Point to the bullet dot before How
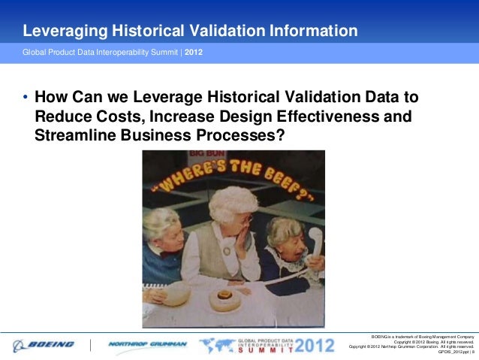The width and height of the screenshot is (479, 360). pos(26,99)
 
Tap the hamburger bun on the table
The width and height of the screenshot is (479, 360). pos(224,299)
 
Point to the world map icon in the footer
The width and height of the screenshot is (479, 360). pos(216,345)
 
